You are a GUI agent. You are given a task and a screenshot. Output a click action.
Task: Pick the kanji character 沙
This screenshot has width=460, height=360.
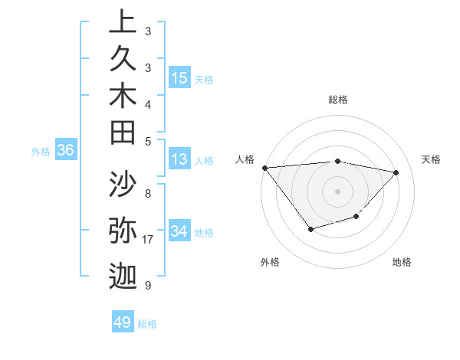click(123, 185)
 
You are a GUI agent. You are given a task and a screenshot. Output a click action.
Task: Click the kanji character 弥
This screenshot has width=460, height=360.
click(123, 231)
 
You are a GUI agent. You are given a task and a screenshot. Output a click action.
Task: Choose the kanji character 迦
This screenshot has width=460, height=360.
click(123, 275)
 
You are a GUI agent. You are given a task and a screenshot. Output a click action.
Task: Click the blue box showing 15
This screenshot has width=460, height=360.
click(179, 78)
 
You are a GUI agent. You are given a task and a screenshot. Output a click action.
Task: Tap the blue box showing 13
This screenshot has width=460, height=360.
click(179, 159)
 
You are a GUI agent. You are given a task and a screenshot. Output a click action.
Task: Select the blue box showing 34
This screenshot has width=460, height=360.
click(179, 231)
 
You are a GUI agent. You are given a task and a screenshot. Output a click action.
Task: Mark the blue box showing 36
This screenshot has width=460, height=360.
click(65, 150)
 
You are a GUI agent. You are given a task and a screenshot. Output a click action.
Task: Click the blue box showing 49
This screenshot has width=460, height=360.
click(123, 322)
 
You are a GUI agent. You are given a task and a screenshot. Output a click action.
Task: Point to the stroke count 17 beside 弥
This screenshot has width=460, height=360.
click(148, 240)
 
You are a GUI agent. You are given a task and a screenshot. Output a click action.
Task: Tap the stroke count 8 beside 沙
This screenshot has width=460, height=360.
click(147, 194)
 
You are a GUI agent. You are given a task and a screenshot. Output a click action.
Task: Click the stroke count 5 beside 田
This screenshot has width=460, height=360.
click(147, 140)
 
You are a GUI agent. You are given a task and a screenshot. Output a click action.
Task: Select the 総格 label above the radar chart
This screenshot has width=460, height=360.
click(337, 100)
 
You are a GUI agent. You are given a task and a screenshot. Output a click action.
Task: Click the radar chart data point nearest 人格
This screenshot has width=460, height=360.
click(264, 168)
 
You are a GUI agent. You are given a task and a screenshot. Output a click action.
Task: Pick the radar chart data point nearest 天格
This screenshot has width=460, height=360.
click(396, 172)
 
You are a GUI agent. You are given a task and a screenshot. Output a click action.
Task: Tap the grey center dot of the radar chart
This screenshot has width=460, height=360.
click(337, 191)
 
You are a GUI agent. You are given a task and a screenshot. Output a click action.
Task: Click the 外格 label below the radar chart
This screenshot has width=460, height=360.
click(270, 262)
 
